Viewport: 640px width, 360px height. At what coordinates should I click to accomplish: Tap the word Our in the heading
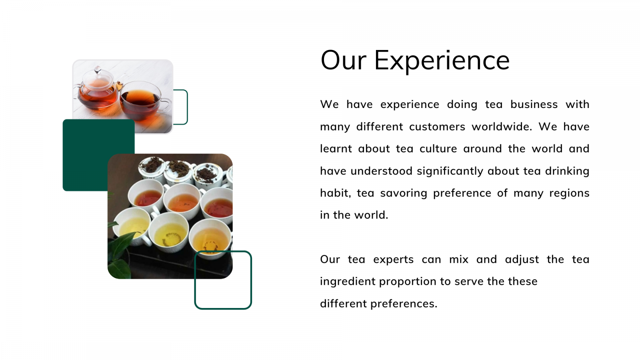click(344, 60)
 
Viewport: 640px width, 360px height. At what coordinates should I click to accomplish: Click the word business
click(534, 104)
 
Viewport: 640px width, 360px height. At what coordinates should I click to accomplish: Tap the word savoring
click(404, 194)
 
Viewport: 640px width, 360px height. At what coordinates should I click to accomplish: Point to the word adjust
click(522, 260)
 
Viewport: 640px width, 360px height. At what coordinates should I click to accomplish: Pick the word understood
click(382, 171)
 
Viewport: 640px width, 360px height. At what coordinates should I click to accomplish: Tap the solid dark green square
click(86, 143)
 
